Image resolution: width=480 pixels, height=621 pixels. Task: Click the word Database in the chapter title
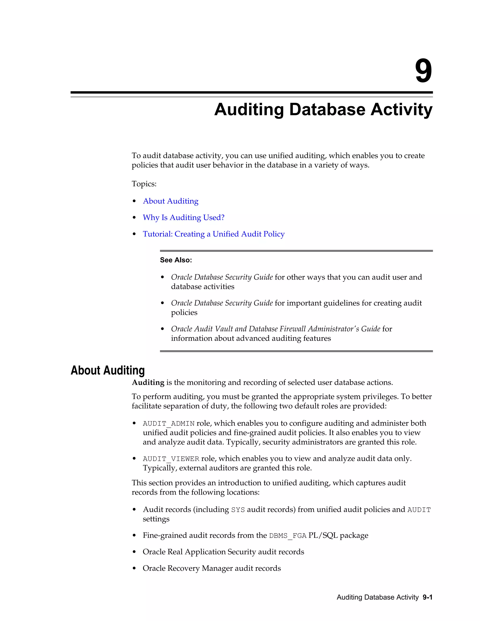click(x=327, y=109)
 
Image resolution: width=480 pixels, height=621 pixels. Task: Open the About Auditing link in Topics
click(x=171, y=201)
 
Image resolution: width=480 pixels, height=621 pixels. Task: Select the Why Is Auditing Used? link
click(x=184, y=217)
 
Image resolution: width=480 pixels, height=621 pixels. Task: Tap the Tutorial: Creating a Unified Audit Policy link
click(x=214, y=234)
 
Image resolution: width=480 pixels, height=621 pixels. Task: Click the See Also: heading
click(x=176, y=260)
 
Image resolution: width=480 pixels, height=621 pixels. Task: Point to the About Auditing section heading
click(x=108, y=370)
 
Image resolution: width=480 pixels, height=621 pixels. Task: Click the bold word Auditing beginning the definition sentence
click(x=148, y=382)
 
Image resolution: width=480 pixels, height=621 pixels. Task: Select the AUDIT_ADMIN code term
click(x=169, y=424)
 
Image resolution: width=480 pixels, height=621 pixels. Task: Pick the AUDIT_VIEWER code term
click(x=171, y=459)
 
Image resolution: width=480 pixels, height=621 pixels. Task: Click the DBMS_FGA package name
click(x=288, y=536)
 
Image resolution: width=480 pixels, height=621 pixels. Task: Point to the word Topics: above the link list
click(x=144, y=184)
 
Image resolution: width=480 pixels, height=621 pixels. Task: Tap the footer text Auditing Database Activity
click(x=377, y=597)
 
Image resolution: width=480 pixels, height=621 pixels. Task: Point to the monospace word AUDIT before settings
click(x=419, y=510)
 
